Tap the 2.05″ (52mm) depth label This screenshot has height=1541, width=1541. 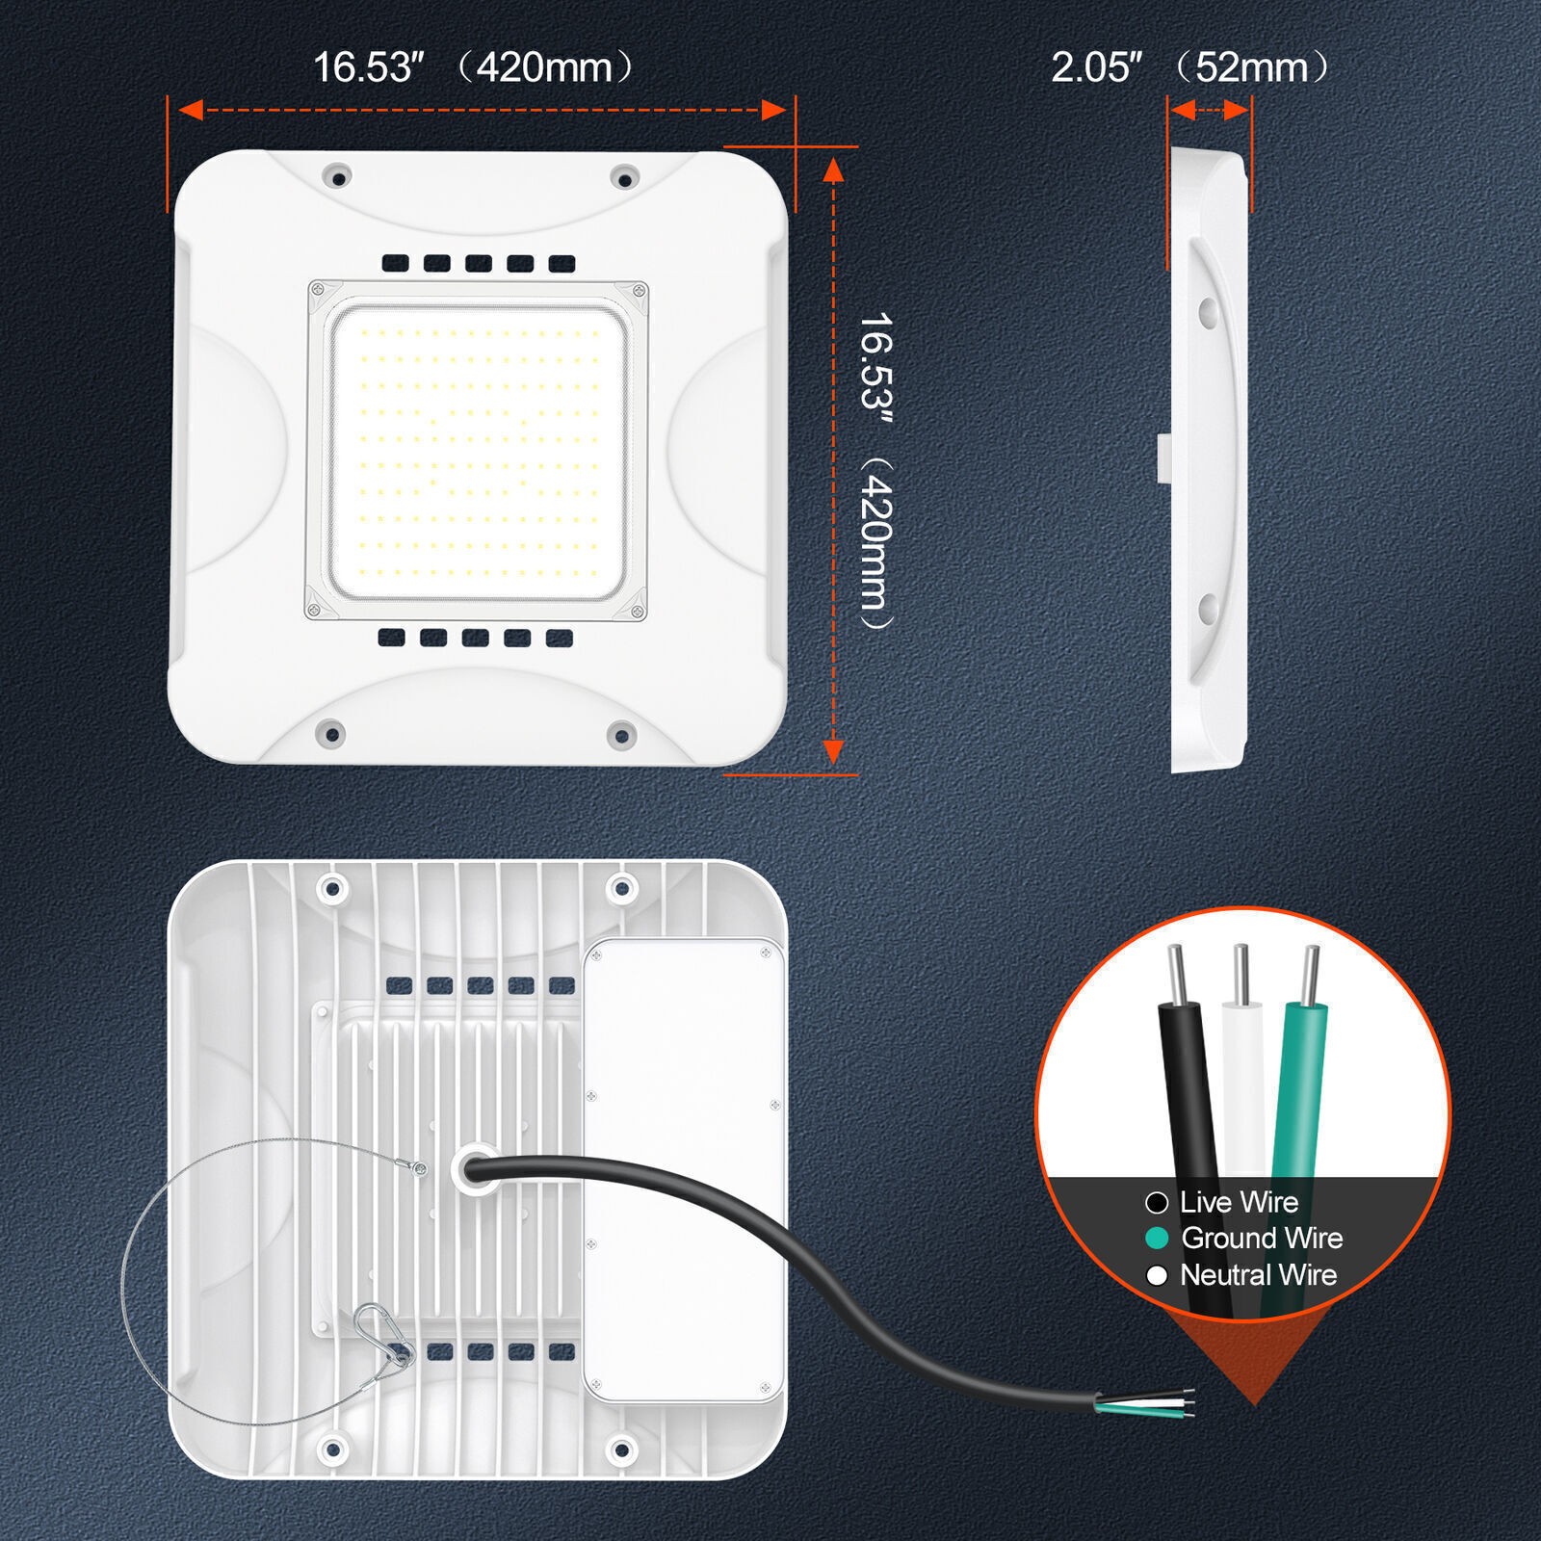click(1190, 67)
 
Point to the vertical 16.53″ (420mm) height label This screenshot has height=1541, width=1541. click(875, 470)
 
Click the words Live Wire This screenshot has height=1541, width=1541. click(1239, 1202)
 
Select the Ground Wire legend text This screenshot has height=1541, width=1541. click(1262, 1238)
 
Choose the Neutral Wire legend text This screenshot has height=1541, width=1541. click(1258, 1274)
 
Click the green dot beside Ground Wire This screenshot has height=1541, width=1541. click(1157, 1239)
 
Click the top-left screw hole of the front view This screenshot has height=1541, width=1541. click(336, 176)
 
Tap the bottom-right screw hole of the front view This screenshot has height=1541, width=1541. click(621, 737)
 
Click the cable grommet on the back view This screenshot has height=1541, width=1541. click(473, 1168)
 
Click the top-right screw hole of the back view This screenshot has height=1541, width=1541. click(622, 885)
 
